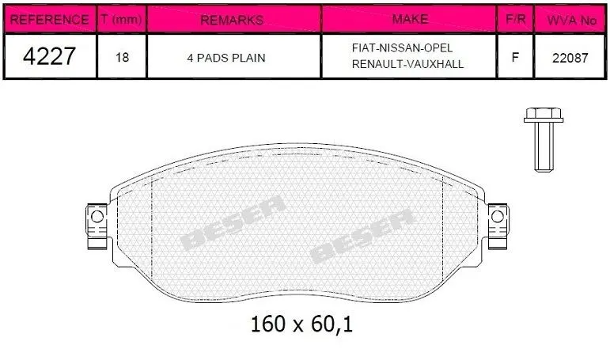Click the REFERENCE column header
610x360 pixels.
click(49, 20)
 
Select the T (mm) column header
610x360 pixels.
click(121, 19)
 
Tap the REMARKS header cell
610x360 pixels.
click(232, 20)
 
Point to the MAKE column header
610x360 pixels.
click(411, 19)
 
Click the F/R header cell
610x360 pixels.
click(516, 19)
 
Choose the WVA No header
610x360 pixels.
click(571, 21)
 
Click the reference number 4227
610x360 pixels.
click(49, 56)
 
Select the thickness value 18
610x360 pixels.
click(122, 58)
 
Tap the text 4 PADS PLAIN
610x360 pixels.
click(226, 58)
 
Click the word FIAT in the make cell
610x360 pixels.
click(364, 48)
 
